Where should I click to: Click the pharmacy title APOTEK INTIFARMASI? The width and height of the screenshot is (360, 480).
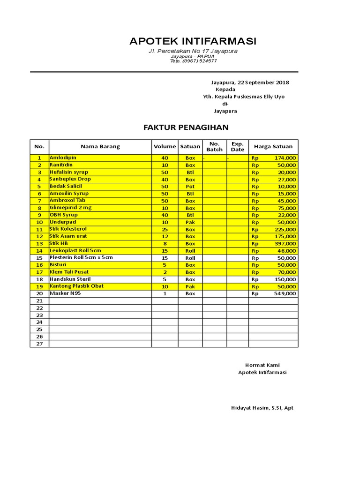click(193, 41)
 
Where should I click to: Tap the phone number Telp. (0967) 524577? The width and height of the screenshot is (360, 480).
click(193, 61)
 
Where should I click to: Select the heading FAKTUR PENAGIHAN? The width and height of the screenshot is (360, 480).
click(186, 127)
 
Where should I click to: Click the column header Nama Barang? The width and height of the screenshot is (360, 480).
click(100, 146)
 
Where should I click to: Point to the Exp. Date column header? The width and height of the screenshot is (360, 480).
click(238, 146)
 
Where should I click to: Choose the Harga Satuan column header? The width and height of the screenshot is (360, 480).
click(273, 146)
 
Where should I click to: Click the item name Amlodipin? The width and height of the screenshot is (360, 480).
click(63, 158)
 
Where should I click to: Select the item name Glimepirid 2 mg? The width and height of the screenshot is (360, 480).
click(70, 208)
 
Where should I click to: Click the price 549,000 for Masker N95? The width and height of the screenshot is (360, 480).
click(285, 293)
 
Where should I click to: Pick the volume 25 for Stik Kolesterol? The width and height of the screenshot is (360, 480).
click(165, 229)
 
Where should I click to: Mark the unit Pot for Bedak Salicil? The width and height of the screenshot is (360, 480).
click(190, 187)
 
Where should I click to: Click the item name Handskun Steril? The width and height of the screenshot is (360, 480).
click(70, 279)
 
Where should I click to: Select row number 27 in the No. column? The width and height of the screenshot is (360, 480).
click(39, 344)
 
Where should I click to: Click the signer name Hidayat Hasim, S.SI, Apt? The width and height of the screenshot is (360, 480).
click(262, 408)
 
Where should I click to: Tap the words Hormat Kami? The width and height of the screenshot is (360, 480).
click(262, 365)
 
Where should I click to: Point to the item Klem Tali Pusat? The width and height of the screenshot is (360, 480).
click(69, 272)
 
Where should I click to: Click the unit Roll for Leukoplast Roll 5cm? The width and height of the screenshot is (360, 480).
click(190, 251)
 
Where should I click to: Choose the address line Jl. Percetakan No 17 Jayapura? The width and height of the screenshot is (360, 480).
click(193, 51)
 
